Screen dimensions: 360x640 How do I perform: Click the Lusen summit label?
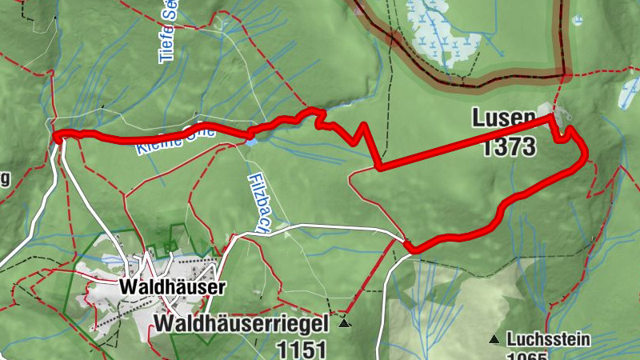[503, 118]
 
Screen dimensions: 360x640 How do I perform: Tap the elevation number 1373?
[510, 147]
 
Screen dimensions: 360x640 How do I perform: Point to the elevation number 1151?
[302, 349]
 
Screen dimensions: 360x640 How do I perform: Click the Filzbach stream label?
[257, 202]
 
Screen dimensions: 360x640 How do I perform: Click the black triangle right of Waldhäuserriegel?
[344, 324]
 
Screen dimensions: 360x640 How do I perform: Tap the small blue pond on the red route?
[251, 142]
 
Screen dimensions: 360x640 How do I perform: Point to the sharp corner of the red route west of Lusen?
[378, 167]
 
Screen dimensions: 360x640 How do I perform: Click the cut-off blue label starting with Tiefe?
[167, 32]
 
